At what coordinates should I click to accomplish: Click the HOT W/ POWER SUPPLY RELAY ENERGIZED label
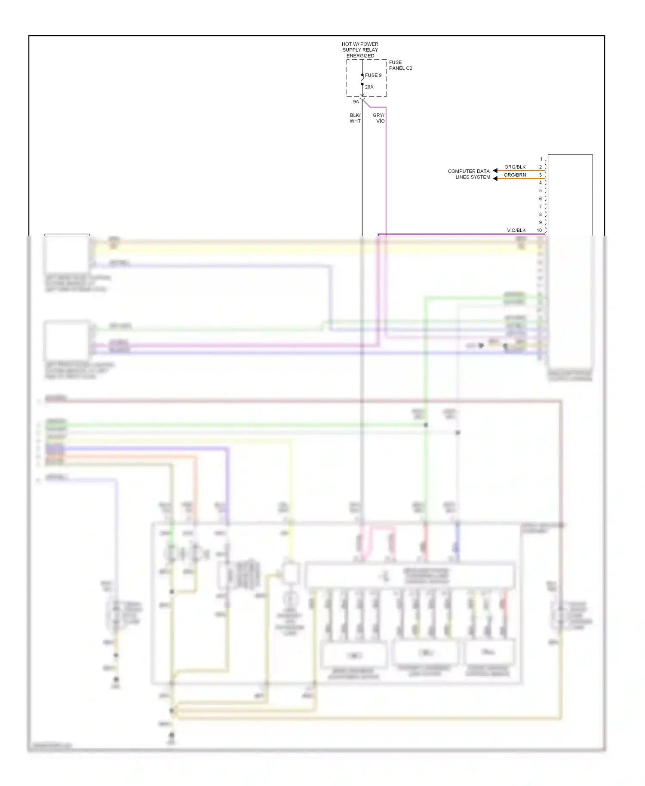point(360,50)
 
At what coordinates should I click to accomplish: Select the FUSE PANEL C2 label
point(400,65)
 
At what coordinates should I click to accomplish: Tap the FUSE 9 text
point(373,75)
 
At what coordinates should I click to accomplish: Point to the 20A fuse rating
point(369,87)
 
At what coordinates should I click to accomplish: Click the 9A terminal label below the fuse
point(356,102)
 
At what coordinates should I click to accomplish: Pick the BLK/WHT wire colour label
point(355,118)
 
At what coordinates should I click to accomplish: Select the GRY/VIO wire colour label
point(379,118)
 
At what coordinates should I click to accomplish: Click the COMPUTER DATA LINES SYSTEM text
point(469,174)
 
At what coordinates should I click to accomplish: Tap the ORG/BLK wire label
point(515,167)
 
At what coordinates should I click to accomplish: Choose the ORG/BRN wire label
point(515,175)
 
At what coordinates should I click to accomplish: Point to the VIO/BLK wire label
point(516,230)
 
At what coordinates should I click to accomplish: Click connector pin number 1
point(541,160)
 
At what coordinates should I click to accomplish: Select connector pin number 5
point(541,191)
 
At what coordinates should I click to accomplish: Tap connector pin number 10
point(539,230)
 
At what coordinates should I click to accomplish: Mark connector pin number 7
point(541,207)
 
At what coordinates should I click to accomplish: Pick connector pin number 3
point(541,175)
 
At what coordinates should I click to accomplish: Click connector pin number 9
point(541,223)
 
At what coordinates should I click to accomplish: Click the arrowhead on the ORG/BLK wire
point(495,171)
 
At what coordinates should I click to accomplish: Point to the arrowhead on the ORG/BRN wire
point(495,178)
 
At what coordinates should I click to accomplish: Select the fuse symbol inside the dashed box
point(362,80)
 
